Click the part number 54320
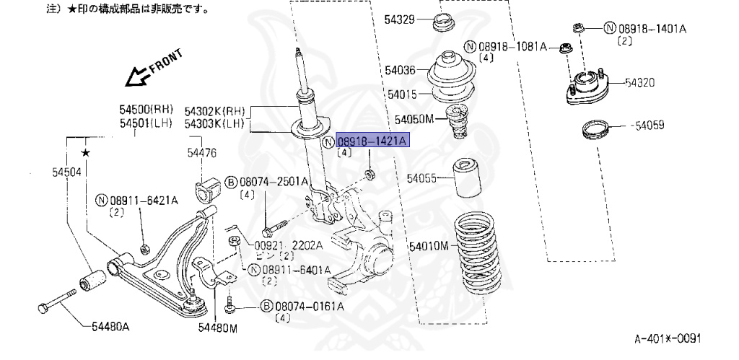(x=639, y=83)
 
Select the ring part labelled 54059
(x=595, y=131)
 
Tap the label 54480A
(x=110, y=327)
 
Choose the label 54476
(x=201, y=153)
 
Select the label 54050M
(x=414, y=118)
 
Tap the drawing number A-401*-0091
(x=667, y=338)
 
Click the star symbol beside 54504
(x=86, y=152)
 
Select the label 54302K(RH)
(x=214, y=111)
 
